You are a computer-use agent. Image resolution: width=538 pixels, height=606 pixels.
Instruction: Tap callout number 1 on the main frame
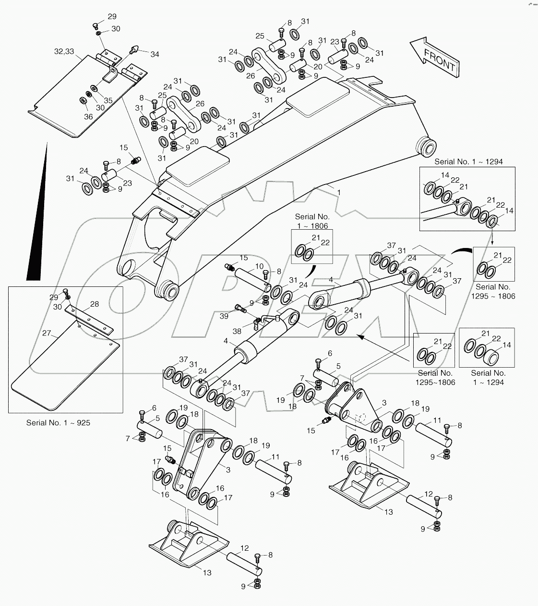339,192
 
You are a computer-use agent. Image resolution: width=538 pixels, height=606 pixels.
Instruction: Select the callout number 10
259,266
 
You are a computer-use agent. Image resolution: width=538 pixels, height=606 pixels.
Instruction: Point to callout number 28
95,304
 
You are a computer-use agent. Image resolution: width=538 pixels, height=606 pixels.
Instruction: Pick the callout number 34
155,54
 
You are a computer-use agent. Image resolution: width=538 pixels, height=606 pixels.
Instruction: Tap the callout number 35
108,100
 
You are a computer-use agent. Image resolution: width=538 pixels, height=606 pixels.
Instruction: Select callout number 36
88,116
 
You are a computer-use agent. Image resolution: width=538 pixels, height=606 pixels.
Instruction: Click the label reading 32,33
64,51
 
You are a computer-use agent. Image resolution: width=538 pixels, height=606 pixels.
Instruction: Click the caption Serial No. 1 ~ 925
58,423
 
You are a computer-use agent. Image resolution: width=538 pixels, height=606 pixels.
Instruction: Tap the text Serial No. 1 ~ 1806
312,221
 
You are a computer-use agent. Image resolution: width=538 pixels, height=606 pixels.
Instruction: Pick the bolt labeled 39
240,309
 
